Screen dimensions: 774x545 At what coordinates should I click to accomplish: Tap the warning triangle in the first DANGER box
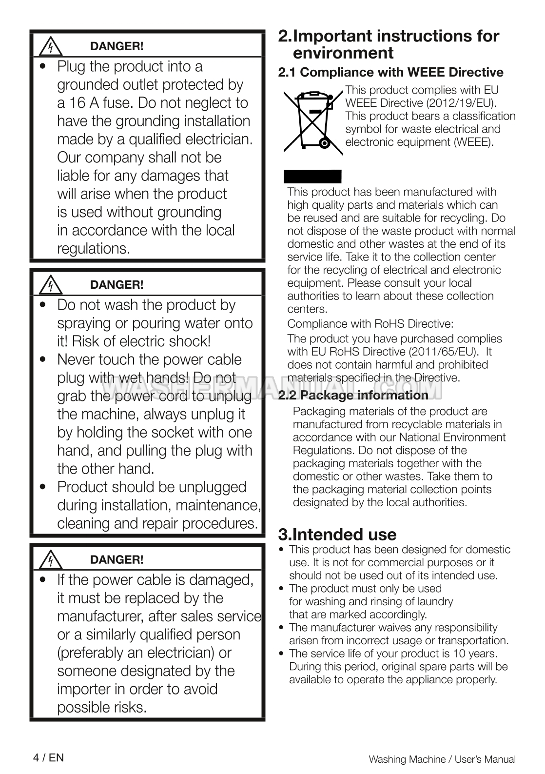(x=49, y=47)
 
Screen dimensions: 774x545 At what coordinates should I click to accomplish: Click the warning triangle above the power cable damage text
(x=49, y=560)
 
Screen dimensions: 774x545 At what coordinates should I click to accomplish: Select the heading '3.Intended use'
(x=337, y=535)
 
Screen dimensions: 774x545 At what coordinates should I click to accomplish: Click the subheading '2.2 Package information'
(x=353, y=395)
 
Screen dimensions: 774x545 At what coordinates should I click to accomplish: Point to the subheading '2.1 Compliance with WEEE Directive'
(x=390, y=72)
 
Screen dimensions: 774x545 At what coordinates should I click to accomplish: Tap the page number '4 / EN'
(x=48, y=757)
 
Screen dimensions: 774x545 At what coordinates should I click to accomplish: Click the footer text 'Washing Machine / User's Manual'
(x=442, y=759)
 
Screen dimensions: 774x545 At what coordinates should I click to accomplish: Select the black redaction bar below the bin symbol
(x=313, y=176)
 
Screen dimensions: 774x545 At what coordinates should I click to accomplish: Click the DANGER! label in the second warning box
(x=117, y=285)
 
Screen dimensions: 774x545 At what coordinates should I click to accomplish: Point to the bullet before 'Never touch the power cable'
(x=45, y=360)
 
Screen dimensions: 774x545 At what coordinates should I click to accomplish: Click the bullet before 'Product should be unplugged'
(x=45, y=487)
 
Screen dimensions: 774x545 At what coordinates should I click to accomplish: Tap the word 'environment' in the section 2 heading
(x=343, y=53)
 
